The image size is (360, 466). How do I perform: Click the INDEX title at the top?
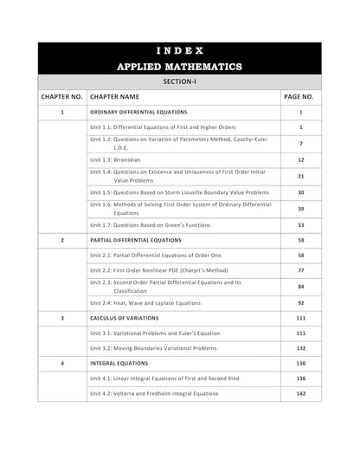click(x=180, y=50)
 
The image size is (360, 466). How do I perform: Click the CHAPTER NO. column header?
click(x=62, y=97)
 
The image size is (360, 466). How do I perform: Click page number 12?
click(x=300, y=160)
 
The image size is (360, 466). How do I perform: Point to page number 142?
click(x=300, y=392)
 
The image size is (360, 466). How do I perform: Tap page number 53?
click(x=300, y=224)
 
